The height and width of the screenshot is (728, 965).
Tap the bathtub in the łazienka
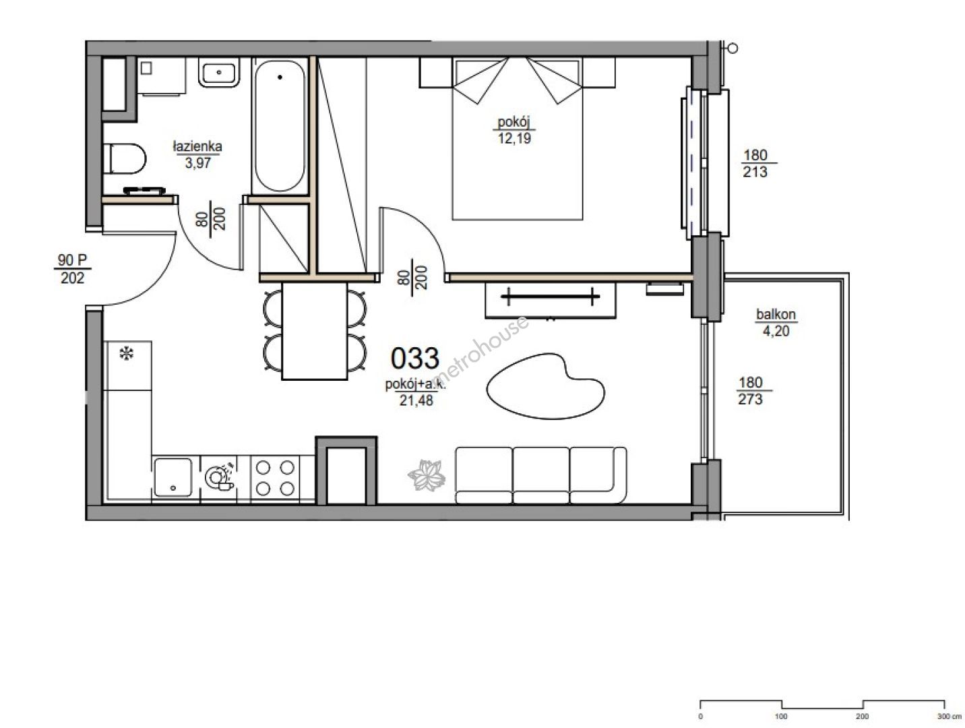pyautogui.click(x=280, y=126)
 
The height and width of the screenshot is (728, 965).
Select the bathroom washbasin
pyautogui.click(x=219, y=72)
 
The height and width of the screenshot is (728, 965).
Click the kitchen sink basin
pyautogui.click(x=173, y=477)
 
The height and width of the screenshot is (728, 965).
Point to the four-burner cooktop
pyautogui.click(x=275, y=478)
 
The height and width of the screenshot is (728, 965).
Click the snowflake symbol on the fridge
pyautogui.click(x=127, y=353)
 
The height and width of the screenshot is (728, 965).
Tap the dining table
pyautogui.click(x=314, y=330)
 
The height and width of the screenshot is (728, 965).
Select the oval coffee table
pyautogui.click(x=545, y=386)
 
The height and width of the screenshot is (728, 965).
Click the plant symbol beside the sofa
pyautogui.click(x=427, y=475)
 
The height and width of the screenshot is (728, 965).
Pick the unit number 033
pyautogui.click(x=415, y=358)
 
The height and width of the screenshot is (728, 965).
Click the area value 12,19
pyautogui.click(x=514, y=138)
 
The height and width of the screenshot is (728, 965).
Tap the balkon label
pyautogui.click(x=776, y=314)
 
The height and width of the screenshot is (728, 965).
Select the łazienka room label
pyautogui.click(x=197, y=146)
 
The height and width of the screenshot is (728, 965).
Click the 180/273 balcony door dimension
pyautogui.click(x=751, y=391)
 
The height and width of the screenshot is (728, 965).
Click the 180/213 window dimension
pyautogui.click(x=755, y=164)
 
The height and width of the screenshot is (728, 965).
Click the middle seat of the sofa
pyautogui.click(x=540, y=475)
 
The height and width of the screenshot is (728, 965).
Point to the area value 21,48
pyautogui.click(x=416, y=400)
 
